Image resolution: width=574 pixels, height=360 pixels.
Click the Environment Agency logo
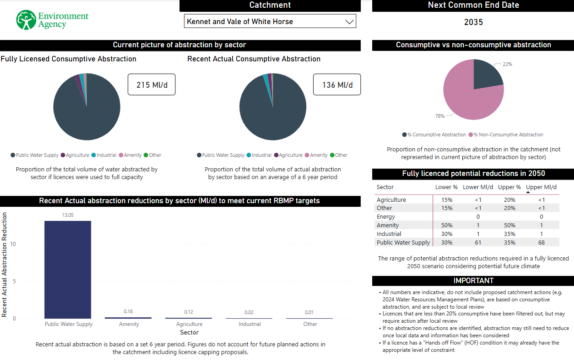[x=52, y=20]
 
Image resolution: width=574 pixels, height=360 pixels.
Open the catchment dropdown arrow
[x=349, y=21]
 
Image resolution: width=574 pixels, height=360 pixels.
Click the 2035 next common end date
[x=473, y=22]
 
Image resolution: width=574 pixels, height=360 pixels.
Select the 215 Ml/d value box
[x=151, y=85]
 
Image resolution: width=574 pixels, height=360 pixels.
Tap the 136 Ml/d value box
[x=337, y=85]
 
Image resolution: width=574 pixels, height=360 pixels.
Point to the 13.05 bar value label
[x=68, y=215]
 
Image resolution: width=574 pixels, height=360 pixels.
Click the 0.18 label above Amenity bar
[x=128, y=311]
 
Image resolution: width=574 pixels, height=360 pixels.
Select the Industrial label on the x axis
[x=250, y=324]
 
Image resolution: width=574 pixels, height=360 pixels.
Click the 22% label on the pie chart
[x=507, y=64]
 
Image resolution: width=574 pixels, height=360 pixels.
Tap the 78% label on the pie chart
[x=439, y=116]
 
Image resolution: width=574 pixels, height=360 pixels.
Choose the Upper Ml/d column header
[x=541, y=187]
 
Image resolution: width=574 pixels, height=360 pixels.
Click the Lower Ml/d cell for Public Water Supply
[x=478, y=242]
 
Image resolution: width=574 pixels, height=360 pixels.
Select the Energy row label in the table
[x=386, y=217]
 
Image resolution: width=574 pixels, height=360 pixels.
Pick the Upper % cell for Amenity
[x=509, y=225]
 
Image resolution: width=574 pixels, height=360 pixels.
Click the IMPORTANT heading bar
[x=473, y=280]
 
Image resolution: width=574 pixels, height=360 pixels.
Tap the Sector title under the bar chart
[x=189, y=332]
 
